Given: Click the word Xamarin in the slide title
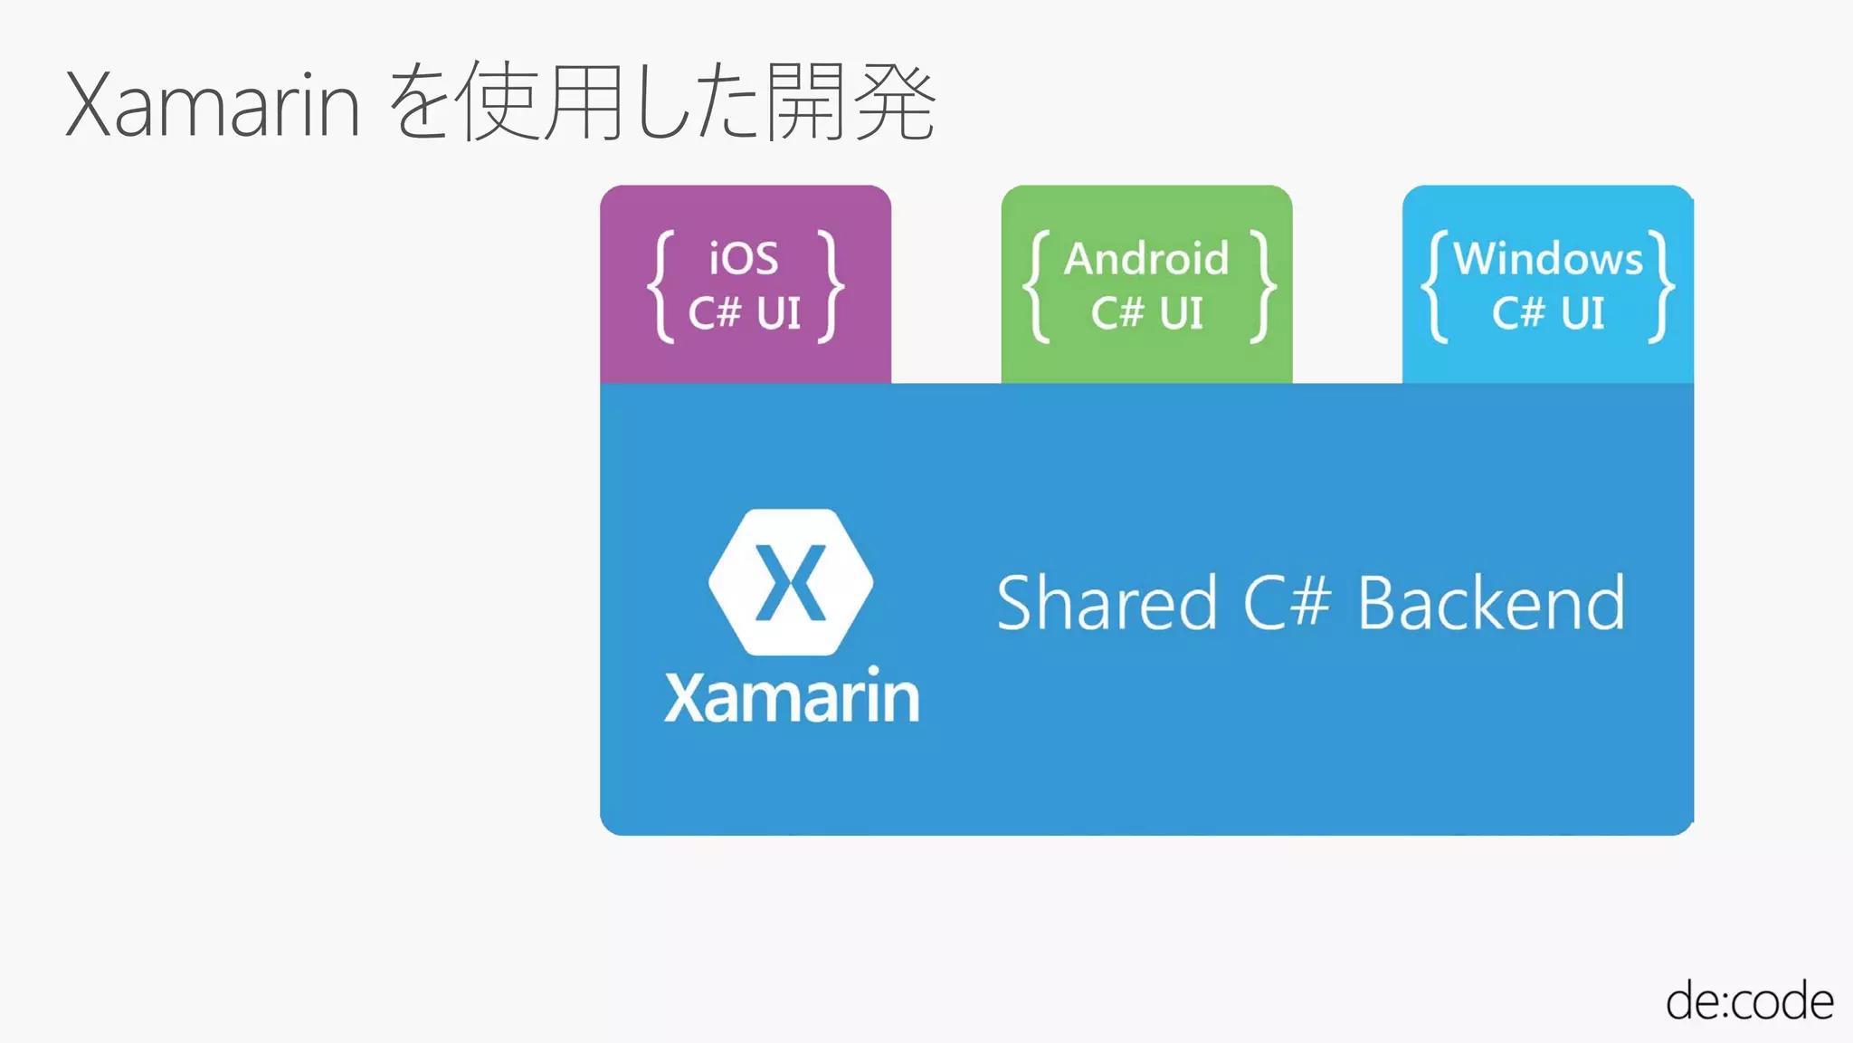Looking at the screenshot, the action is click(x=214, y=106).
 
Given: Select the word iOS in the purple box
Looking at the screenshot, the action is click(x=744, y=259).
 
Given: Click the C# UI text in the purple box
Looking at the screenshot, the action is click(x=745, y=313).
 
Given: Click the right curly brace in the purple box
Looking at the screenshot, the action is click(x=830, y=287).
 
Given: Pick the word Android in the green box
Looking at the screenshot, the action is click(x=1146, y=259).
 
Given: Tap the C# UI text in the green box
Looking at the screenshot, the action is click(x=1146, y=313).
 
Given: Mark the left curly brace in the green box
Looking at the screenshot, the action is click(x=1038, y=287).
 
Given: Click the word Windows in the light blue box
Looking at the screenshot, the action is click(x=1547, y=259).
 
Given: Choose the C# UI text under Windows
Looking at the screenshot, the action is click(x=1547, y=313).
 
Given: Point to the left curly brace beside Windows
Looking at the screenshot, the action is click(x=1435, y=287).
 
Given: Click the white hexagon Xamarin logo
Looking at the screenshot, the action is click(x=791, y=582).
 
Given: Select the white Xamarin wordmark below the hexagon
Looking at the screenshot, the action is click(x=792, y=697).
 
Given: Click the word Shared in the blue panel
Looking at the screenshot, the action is click(x=1107, y=603).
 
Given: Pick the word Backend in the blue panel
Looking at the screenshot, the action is click(x=1491, y=603).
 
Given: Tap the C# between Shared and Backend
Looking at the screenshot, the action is click(x=1287, y=603).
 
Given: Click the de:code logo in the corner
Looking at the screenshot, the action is click(x=1749, y=1001).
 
